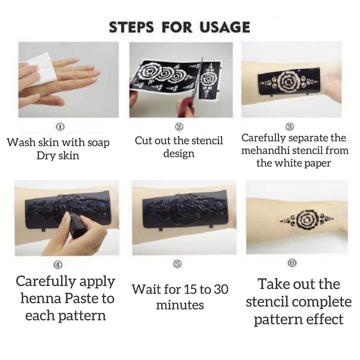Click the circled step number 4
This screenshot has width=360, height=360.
(x=57, y=265)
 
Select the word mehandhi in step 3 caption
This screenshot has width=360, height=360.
(x=266, y=151)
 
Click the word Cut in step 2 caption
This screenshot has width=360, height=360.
(x=144, y=141)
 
